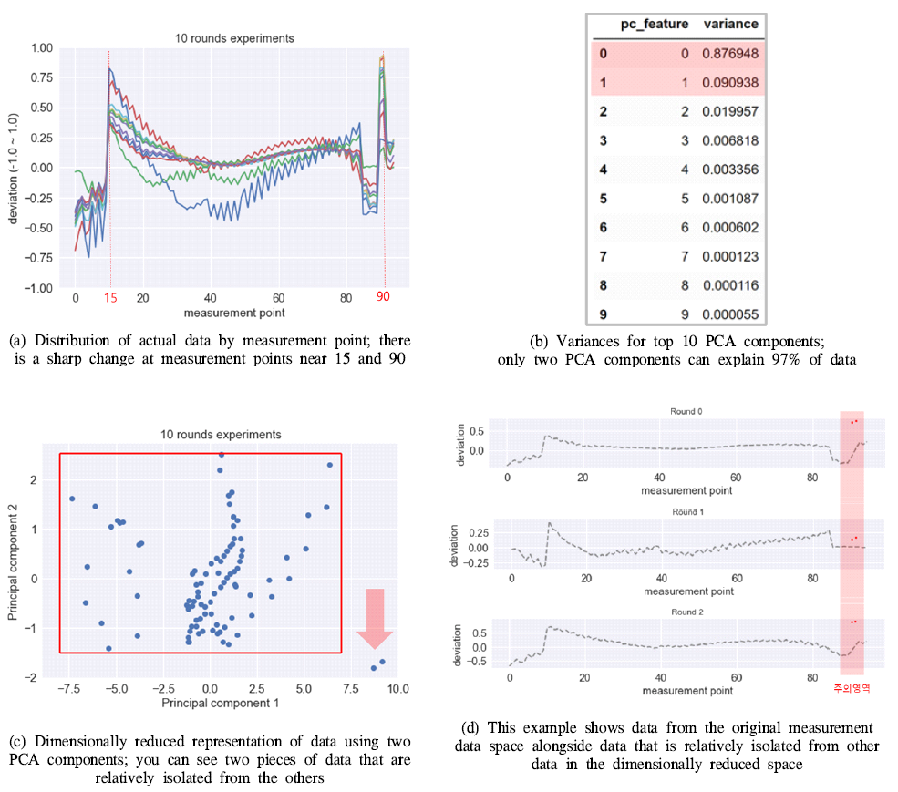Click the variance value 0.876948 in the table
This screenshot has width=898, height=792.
pos(730,54)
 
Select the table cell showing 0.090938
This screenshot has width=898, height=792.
pos(730,83)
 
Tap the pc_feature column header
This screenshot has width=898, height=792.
pos(661,24)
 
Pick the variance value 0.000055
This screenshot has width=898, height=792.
pos(730,314)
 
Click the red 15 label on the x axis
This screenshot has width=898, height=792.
pos(110,298)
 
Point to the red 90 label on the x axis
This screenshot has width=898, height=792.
pos(383,298)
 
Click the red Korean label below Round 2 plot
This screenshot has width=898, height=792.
pos(852,688)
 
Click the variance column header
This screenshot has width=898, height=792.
pos(730,24)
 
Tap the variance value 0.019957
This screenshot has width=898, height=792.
pos(730,111)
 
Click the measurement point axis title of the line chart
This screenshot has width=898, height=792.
pos(234,313)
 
